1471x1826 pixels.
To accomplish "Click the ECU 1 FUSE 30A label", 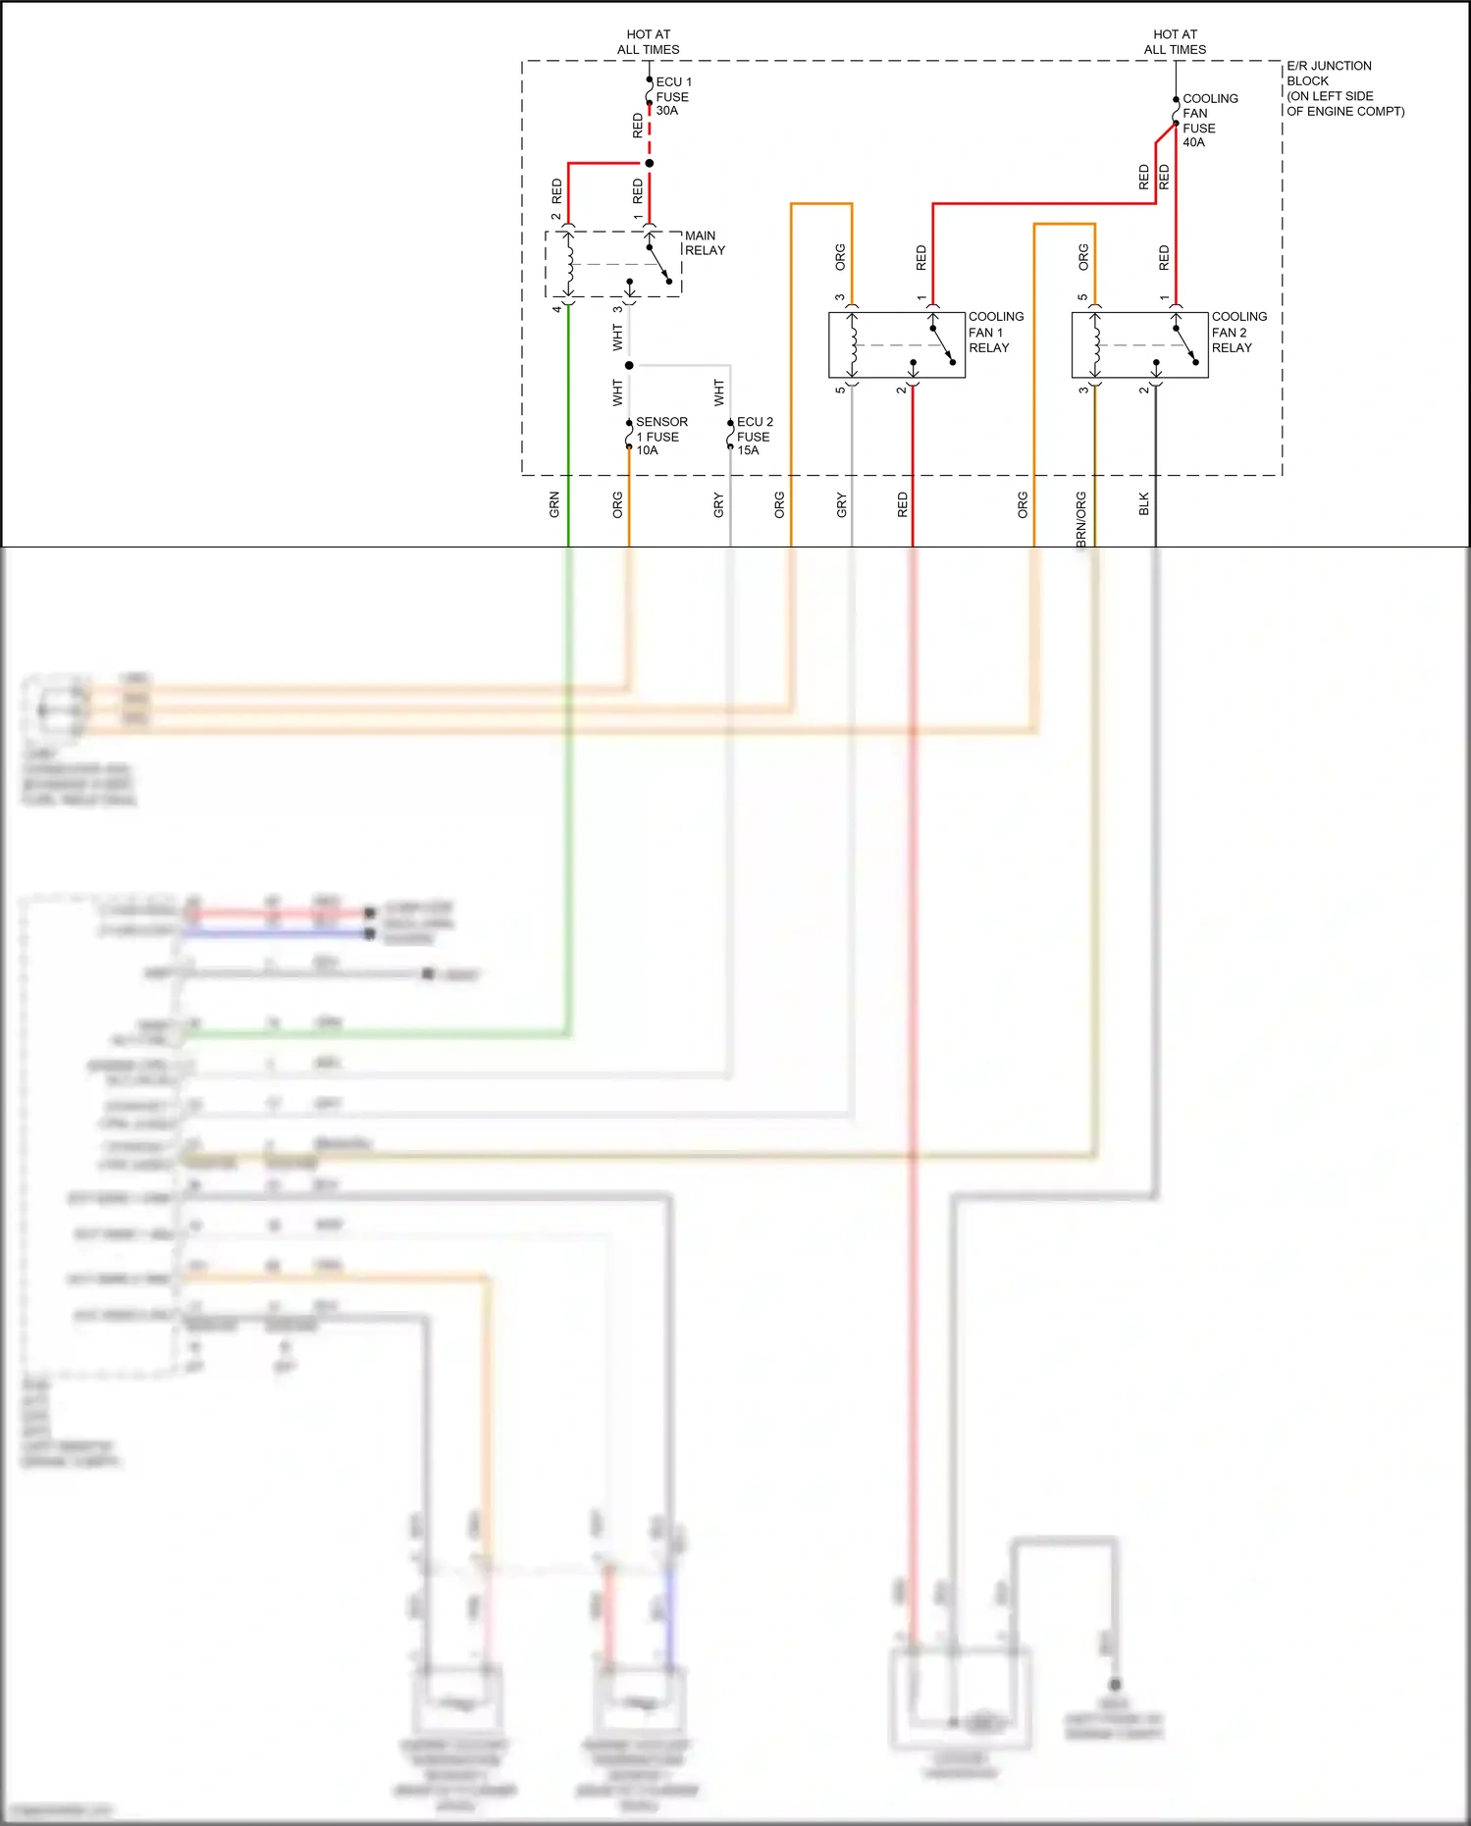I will (x=673, y=96).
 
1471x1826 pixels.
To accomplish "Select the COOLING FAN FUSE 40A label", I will (x=1209, y=121).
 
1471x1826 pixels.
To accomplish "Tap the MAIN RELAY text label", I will (x=705, y=243).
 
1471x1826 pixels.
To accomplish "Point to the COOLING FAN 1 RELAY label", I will (x=995, y=333).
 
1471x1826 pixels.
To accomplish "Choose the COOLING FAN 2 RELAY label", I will (x=1238, y=333).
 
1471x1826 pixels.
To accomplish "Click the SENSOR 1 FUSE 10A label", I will (x=660, y=437).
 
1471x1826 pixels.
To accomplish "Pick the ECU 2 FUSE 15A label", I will (x=754, y=437).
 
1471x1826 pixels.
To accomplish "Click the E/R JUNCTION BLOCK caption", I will (x=1343, y=88).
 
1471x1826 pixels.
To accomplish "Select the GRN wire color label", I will (x=554, y=505).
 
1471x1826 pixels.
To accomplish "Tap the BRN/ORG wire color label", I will (x=1081, y=519).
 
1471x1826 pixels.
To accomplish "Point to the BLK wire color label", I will (x=1144, y=504).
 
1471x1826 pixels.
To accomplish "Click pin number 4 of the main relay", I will (x=556, y=309).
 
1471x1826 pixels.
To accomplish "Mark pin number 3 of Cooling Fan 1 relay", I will (x=840, y=297).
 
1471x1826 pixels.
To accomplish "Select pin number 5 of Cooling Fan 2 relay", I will (x=1082, y=297).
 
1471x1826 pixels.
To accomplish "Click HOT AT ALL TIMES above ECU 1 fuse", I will (x=648, y=42).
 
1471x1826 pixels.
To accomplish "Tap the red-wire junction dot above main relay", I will (x=650, y=163).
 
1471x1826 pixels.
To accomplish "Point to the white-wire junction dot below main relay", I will (x=629, y=365).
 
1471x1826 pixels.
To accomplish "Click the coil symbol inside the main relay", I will (x=569, y=262).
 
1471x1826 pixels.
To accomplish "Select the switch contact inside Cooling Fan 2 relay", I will (x=1185, y=345).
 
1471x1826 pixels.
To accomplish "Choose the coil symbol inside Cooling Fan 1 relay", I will (x=853, y=344).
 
